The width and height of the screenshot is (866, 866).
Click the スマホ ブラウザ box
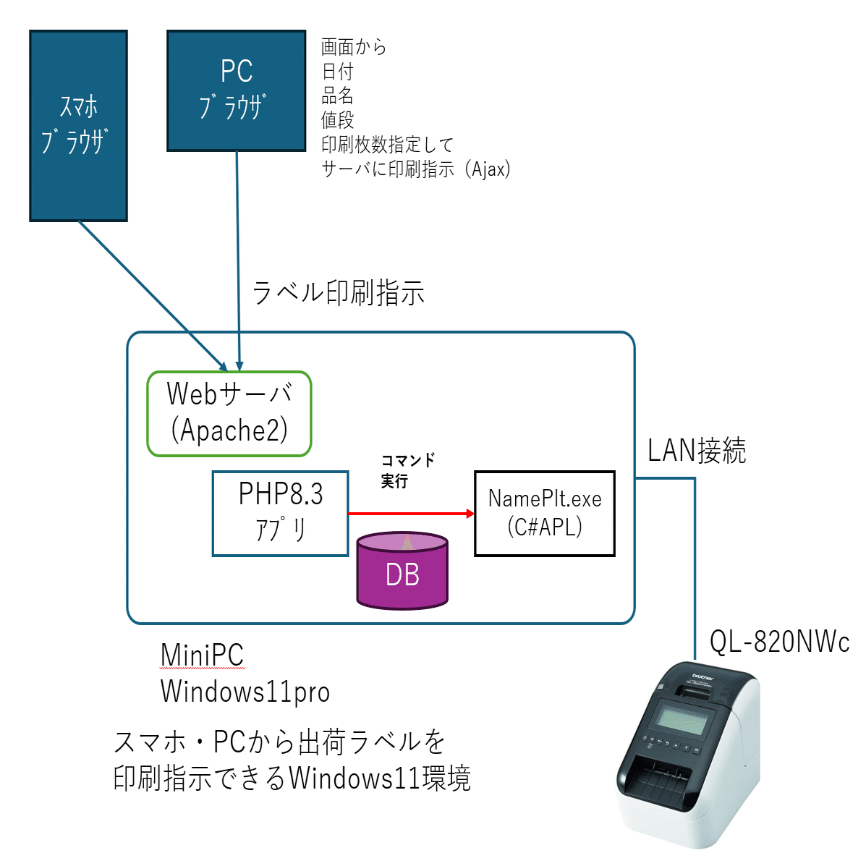tap(78, 126)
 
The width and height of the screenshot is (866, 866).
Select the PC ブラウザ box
tap(237, 90)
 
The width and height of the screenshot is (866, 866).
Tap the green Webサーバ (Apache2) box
tap(229, 414)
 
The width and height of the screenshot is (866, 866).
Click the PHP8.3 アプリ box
tap(280, 514)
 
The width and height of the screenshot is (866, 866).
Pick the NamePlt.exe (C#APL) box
tap(544, 514)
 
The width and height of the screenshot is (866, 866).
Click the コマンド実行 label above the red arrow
tap(407, 470)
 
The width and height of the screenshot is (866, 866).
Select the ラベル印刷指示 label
tap(338, 293)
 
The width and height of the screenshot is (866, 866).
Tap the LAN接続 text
tap(696, 451)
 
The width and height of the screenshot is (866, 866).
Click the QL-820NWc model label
tap(779, 641)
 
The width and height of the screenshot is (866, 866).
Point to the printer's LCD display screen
tap(684, 721)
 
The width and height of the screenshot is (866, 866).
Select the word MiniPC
tap(202, 655)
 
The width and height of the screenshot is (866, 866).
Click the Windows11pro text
tap(245, 691)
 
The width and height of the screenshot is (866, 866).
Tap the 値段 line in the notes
tap(337, 120)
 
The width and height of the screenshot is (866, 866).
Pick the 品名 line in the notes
tap(337, 95)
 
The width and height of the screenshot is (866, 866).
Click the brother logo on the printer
tap(702, 677)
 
